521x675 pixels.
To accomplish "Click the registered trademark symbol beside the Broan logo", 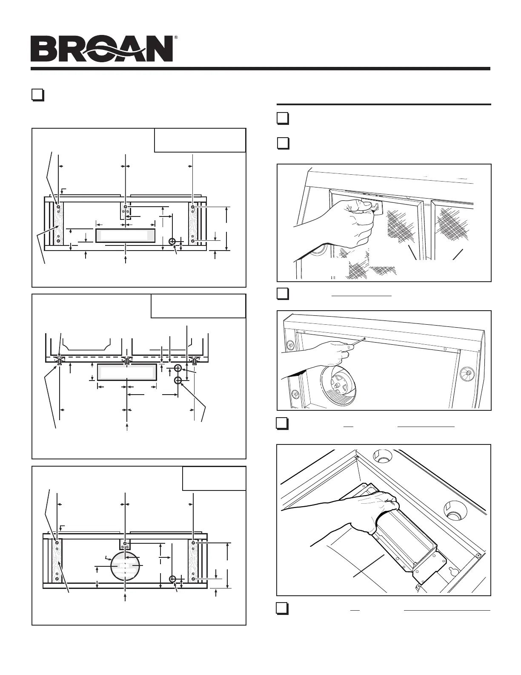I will pyautogui.click(x=176, y=37).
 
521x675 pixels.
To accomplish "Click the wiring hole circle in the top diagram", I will pyautogui.click(x=172, y=242).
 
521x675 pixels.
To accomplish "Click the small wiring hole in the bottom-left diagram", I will pyautogui.click(x=172, y=579).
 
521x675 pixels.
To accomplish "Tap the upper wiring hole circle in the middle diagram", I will pyautogui.click(x=178, y=368).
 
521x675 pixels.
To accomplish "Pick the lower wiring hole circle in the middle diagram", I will pyautogui.click(x=178, y=380).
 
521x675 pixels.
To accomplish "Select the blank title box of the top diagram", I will pyautogui.click(x=200, y=140).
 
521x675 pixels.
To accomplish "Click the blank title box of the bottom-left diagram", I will pyautogui.click(x=214, y=478).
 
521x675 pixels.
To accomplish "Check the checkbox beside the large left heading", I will pyautogui.click(x=38, y=95).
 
